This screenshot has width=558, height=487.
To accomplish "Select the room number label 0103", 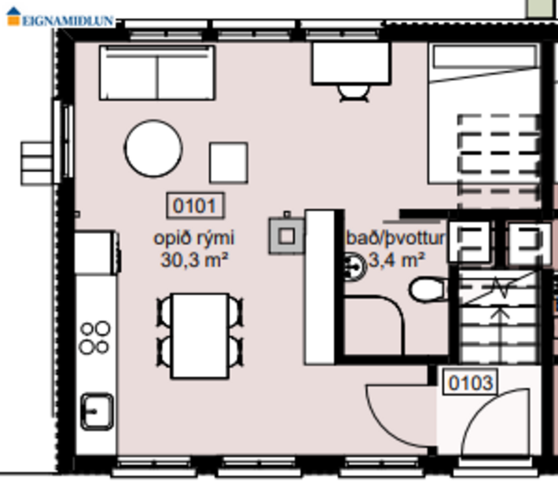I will (x=471, y=383).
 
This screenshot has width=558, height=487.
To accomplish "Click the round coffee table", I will (x=153, y=148).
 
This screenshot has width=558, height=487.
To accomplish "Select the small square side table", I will (x=228, y=161).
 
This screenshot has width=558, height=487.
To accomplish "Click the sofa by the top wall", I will (x=157, y=73).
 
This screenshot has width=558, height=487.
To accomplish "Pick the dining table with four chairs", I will (x=200, y=335).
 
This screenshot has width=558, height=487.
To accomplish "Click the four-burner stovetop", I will (x=95, y=338).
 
